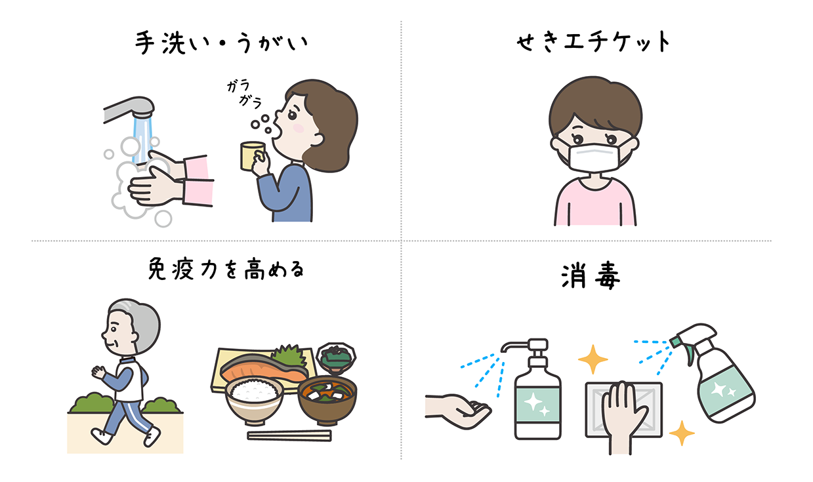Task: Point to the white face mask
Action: pos(594,157)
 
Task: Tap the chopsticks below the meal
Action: pos(289,435)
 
